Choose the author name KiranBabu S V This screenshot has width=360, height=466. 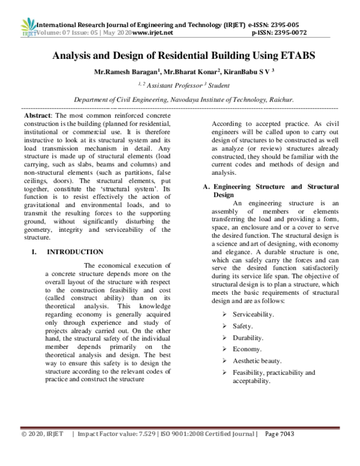pyautogui.click(x=245, y=72)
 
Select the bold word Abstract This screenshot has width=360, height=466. pyautogui.click(x=34, y=114)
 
